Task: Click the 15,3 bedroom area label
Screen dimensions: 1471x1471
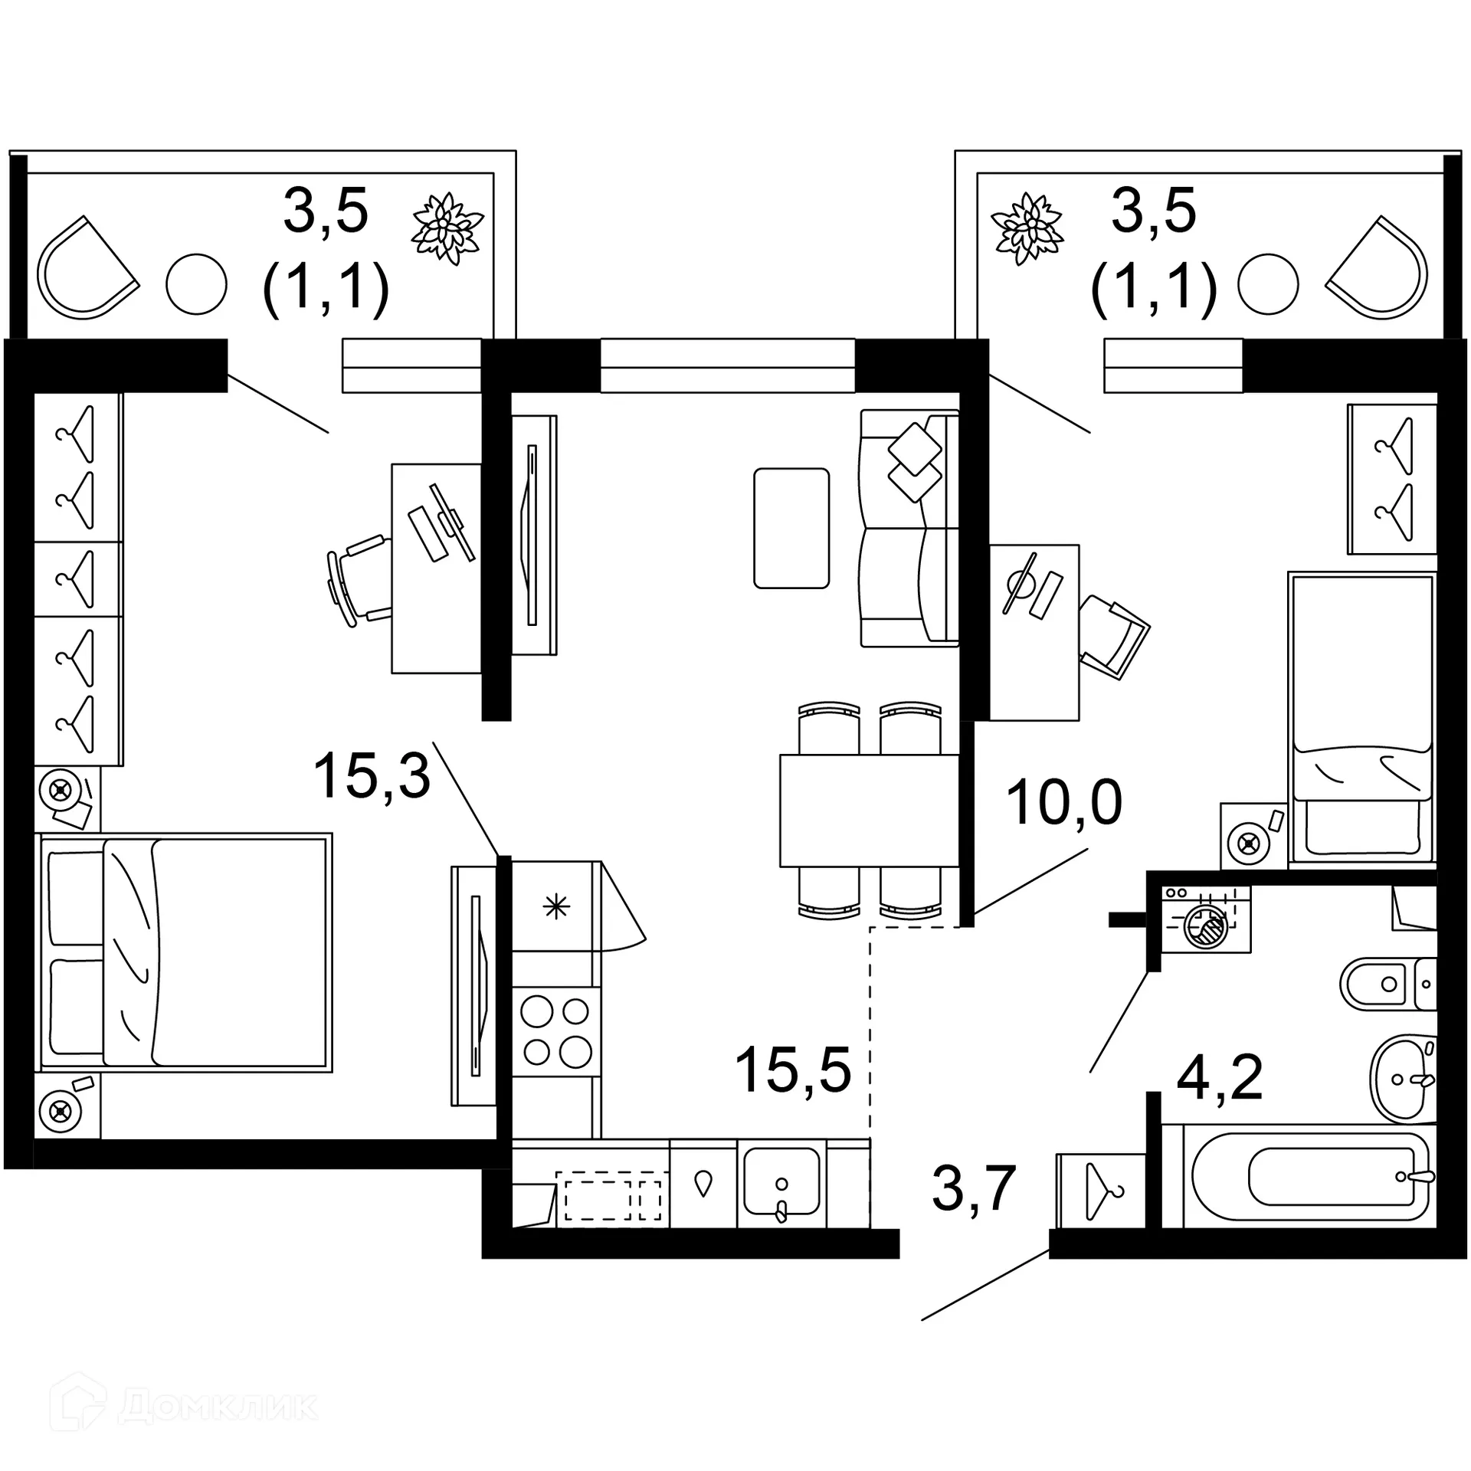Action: (372, 775)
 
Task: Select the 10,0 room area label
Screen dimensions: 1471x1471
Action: (1063, 802)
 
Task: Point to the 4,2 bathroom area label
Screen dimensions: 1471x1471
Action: (1219, 1077)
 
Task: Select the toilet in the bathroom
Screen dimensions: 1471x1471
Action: (1387, 984)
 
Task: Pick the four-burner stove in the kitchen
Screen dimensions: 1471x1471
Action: (556, 1031)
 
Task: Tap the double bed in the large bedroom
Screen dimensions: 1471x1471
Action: (184, 952)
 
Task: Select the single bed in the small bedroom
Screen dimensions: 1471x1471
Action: (1361, 719)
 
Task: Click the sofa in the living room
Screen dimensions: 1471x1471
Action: (909, 529)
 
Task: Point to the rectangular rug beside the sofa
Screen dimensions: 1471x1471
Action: (791, 529)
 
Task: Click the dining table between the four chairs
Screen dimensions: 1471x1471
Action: (869, 811)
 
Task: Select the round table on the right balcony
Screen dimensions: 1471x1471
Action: (1268, 284)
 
